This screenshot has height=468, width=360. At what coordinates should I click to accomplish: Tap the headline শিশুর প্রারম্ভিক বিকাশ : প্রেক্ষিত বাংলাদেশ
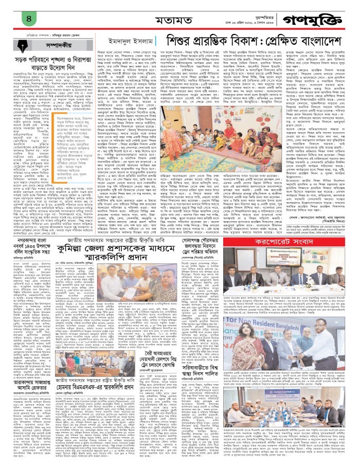point(260,42)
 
